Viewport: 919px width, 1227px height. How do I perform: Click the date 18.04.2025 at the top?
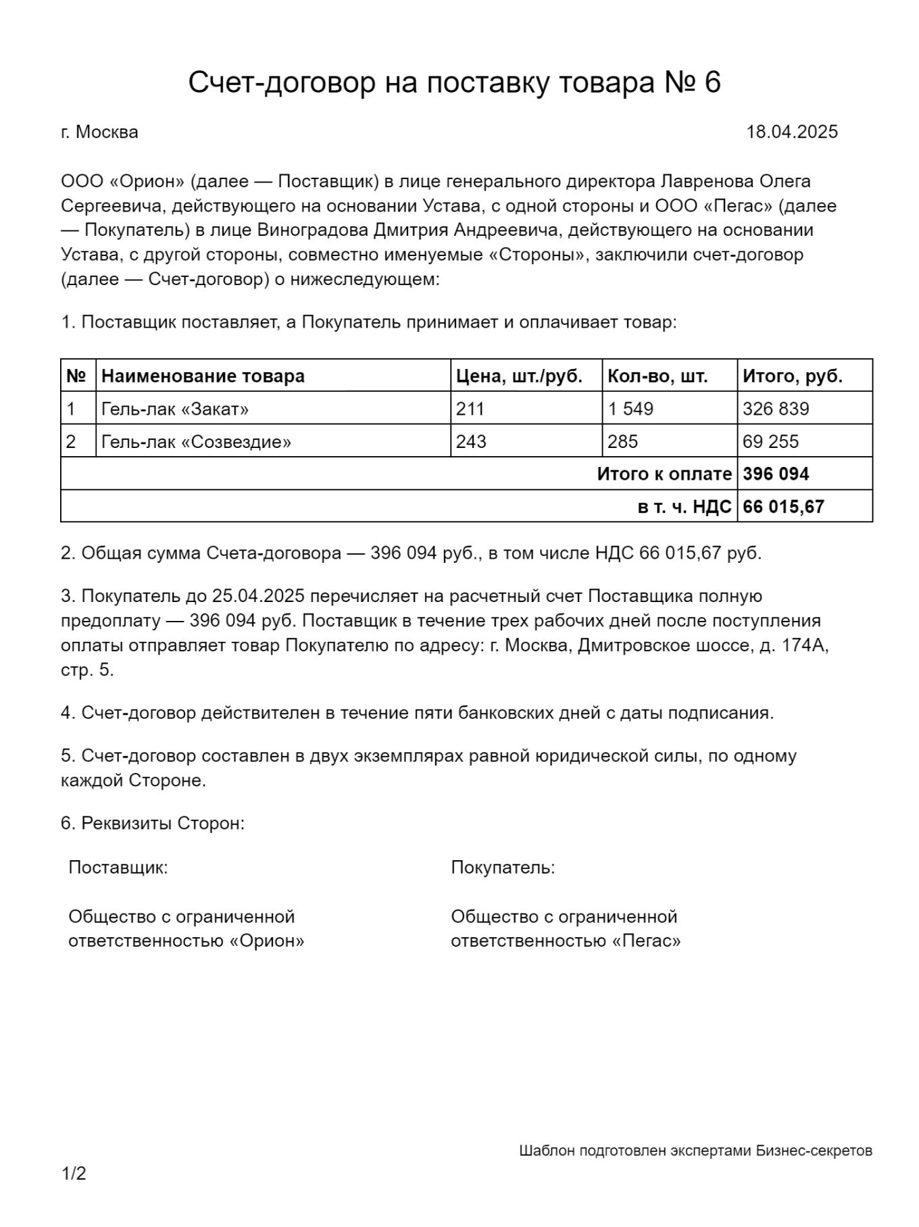tap(791, 132)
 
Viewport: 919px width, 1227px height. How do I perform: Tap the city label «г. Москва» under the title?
tap(99, 132)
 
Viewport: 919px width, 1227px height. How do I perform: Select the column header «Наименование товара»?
tap(203, 376)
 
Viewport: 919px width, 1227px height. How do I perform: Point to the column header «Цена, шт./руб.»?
tap(519, 376)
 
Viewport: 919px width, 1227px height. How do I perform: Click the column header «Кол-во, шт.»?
tap(657, 376)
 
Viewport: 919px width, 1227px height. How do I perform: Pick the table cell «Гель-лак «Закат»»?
tap(175, 409)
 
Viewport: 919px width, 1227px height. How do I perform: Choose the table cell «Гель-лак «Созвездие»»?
tap(196, 442)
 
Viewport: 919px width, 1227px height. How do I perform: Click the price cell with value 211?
tap(470, 409)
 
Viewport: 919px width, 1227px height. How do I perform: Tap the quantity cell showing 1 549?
tap(630, 409)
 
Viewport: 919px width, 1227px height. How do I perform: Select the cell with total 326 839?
tap(776, 409)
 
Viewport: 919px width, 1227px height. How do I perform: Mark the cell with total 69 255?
tap(770, 442)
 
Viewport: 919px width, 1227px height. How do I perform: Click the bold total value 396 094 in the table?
tap(776, 474)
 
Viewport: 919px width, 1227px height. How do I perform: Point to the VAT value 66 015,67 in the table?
tap(783, 507)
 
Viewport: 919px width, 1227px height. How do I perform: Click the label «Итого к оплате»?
tap(664, 474)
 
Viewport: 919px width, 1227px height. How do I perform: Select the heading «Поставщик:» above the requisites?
tap(118, 868)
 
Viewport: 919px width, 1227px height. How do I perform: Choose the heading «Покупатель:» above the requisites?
tap(503, 868)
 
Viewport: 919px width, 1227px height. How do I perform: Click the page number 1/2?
tap(74, 1174)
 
